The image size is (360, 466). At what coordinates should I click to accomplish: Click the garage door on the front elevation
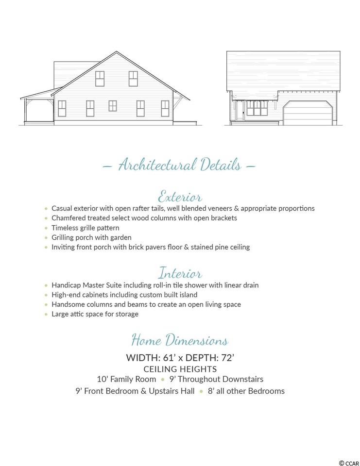click(x=307, y=114)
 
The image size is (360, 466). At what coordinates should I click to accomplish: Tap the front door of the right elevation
click(x=240, y=111)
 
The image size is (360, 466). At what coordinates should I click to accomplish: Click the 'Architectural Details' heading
click(x=180, y=165)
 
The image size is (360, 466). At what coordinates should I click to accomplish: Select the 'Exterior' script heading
click(x=180, y=196)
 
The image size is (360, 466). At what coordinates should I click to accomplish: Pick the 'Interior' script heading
click(x=180, y=273)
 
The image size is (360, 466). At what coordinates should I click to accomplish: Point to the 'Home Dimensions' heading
click(x=180, y=339)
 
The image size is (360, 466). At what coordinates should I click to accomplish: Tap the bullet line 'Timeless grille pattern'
click(x=86, y=228)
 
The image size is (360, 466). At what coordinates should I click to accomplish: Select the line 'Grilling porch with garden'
click(x=91, y=237)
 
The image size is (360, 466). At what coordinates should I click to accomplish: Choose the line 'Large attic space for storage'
click(x=95, y=314)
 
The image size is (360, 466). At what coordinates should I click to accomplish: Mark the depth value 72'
click(x=226, y=358)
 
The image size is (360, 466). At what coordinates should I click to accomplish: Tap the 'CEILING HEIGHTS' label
click(x=180, y=369)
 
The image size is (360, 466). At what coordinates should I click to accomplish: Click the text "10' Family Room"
click(x=126, y=379)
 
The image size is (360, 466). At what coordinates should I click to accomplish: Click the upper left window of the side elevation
click(x=100, y=78)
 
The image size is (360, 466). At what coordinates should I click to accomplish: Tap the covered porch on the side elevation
click(x=39, y=109)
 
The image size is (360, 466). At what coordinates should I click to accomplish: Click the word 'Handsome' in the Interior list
click(x=68, y=304)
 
